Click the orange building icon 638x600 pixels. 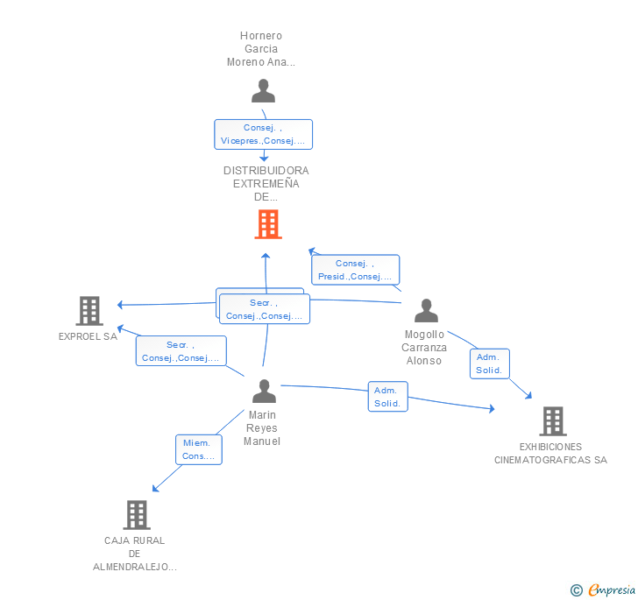click(x=268, y=224)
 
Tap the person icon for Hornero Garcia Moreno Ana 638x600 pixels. click(x=263, y=91)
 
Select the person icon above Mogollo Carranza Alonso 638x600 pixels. click(x=426, y=310)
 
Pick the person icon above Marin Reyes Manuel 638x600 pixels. click(x=264, y=391)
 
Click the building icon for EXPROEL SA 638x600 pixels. click(x=89, y=311)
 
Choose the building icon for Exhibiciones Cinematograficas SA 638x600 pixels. click(x=553, y=421)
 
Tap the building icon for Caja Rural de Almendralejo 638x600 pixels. click(x=137, y=514)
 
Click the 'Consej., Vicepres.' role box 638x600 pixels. click(x=263, y=134)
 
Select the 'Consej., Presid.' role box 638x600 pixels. click(x=355, y=270)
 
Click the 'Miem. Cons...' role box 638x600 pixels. click(x=199, y=449)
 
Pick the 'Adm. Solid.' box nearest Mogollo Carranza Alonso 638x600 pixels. click(x=490, y=364)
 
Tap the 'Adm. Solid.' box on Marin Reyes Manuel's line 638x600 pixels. click(x=387, y=397)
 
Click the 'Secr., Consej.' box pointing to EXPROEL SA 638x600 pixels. click(x=181, y=351)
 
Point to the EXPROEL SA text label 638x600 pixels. click(x=88, y=336)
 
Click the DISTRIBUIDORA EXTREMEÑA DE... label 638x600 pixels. click(x=266, y=183)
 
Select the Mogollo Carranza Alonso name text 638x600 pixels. click(x=424, y=348)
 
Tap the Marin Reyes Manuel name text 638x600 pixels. click(x=262, y=428)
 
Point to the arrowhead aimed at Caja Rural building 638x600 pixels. click(x=154, y=489)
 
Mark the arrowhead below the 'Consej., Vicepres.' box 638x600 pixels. click(x=264, y=158)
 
